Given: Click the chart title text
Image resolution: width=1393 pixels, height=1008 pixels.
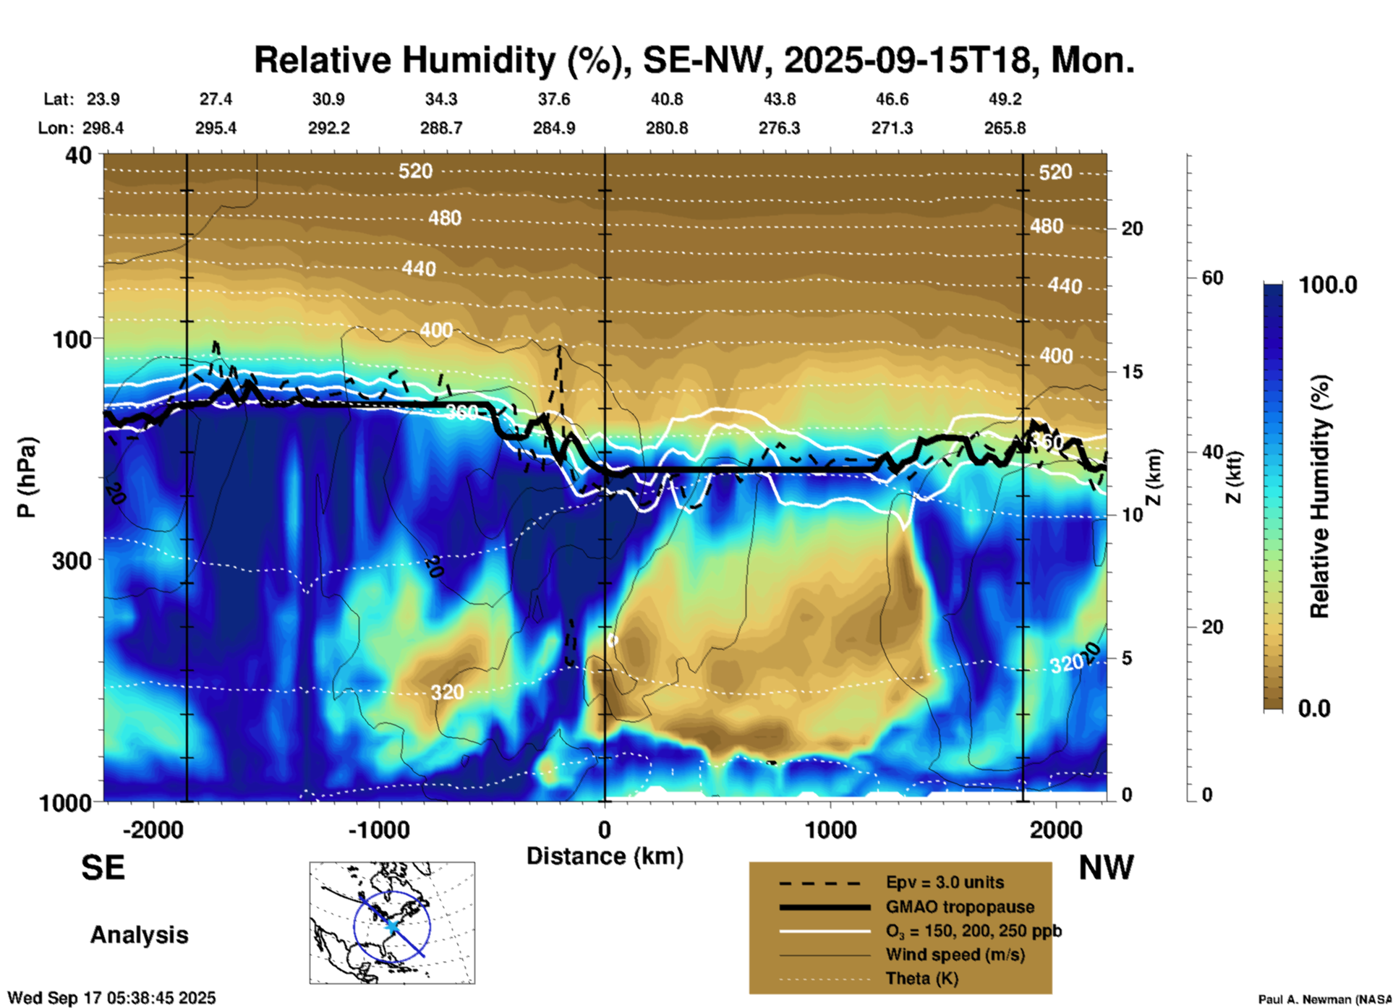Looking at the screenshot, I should point(694,60).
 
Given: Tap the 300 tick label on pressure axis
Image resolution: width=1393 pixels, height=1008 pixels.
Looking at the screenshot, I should point(72,560).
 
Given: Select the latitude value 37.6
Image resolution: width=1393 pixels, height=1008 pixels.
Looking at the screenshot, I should point(554,99).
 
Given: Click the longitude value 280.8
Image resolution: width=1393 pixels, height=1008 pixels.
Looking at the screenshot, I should point(667,128).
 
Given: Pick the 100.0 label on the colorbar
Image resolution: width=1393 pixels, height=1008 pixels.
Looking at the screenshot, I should point(1328,285).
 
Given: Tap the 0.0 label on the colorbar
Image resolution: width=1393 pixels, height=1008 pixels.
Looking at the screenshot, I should point(1314,708).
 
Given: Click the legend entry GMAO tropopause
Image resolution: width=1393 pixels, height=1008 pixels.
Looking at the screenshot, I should point(960,907).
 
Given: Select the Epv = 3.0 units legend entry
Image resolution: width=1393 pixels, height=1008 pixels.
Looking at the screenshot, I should point(945,882).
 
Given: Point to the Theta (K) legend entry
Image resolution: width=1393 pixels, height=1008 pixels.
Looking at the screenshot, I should point(921,978).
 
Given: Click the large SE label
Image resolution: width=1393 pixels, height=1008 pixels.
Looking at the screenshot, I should point(103,868).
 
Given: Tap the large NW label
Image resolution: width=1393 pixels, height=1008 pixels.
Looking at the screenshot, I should point(1106,868).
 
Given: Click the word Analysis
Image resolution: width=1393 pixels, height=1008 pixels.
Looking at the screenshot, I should point(139,934).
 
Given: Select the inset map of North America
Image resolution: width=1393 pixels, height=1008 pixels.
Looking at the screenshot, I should point(392,922).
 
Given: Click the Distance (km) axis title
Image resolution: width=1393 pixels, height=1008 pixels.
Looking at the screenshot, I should point(605,856).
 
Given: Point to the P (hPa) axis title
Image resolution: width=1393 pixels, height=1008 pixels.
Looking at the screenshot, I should point(27,477).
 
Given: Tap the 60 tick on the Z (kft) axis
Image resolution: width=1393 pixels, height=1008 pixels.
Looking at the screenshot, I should point(1212,278).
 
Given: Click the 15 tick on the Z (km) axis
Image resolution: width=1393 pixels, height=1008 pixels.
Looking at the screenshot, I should point(1131,372).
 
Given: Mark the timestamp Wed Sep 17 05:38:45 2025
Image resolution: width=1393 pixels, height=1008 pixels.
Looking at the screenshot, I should point(111,998).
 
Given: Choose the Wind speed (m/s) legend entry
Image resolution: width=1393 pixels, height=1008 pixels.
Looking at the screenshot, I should point(955,954).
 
